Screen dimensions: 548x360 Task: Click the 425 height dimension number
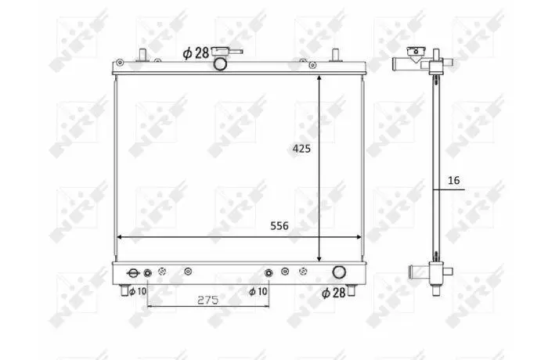301,149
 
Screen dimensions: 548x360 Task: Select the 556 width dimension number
279,226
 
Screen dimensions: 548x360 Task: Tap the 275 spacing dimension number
208,300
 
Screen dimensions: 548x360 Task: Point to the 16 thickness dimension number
453,180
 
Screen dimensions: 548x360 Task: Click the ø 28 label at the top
196,53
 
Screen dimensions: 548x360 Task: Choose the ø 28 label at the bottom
333,293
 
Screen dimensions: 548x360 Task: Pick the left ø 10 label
138,291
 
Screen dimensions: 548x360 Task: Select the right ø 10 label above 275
258,291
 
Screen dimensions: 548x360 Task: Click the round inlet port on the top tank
220,64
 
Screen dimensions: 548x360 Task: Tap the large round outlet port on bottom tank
339,272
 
